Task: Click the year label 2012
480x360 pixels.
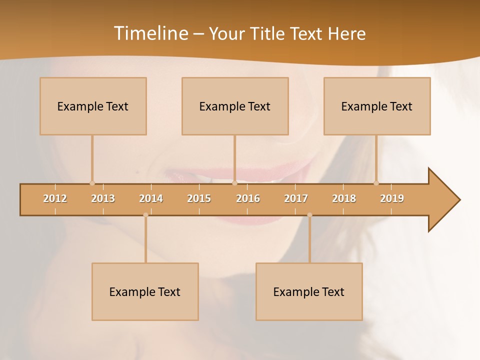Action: point(55,198)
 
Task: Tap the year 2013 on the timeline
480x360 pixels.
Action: point(103,198)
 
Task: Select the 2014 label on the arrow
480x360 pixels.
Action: point(151,198)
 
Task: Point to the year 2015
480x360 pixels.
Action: point(199,198)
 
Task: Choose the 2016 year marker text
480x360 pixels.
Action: point(248,198)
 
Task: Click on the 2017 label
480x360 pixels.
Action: point(296,198)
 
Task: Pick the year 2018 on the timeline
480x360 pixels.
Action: point(344,198)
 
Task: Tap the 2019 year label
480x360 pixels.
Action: point(392,198)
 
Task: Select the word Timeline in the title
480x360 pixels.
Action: point(150,33)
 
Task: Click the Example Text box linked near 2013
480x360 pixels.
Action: point(93,106)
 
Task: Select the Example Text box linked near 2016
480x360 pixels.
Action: point(235,106)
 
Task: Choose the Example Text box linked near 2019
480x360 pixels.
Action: point(377,106)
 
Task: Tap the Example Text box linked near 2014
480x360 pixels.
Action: point(145,291)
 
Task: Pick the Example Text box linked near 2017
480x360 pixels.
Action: point(309,291)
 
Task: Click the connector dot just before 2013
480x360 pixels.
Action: point(92,183)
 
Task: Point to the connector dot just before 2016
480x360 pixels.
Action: point(234,183)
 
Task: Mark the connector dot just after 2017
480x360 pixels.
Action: point(309,215)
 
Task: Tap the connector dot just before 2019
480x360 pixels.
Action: point(376,183)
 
